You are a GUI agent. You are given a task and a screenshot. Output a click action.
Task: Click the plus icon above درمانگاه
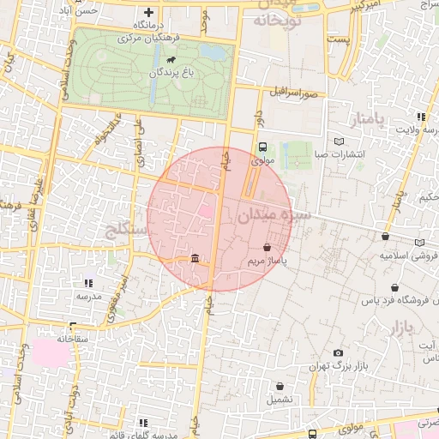pos(150,13)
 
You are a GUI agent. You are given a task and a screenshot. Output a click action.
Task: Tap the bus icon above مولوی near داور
pos(262,146)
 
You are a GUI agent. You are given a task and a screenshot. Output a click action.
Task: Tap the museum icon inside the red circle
pos(195,259)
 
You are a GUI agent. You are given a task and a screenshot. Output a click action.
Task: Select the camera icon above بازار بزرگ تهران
pos(339,353)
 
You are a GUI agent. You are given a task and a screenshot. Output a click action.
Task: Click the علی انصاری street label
pos(136,141)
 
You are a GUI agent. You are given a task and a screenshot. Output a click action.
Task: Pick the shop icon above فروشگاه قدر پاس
pos(394,288)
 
